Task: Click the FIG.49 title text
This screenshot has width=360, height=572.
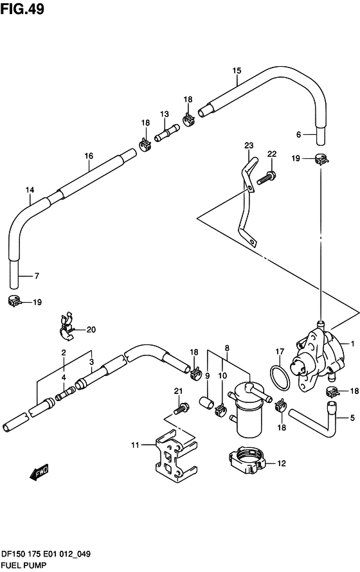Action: (22, 9)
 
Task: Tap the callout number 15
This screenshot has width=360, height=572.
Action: (237, 71)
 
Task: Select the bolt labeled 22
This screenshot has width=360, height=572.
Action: (267, 177)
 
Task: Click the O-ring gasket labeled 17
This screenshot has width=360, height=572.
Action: (280, 379)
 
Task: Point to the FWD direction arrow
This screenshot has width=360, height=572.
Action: (39, 472)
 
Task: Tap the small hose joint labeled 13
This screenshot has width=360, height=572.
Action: (166, 133)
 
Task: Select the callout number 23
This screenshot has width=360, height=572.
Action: (249, 145)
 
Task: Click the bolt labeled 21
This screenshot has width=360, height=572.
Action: (181, 409)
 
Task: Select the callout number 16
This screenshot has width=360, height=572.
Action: (89, 156)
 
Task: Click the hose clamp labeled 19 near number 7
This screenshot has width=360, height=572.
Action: (14, 301)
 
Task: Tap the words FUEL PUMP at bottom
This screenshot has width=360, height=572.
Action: (24, 566)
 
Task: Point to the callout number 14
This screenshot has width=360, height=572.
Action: (30, 190)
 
